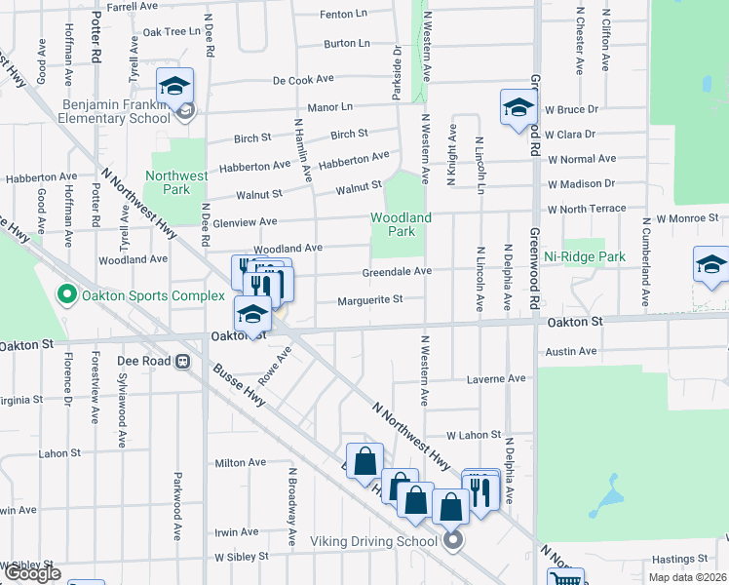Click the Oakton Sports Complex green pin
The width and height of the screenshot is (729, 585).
(67, 293)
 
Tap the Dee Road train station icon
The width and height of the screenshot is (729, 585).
(181, 360)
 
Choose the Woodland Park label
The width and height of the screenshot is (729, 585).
(401, 224)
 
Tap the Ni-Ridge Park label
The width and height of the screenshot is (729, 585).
(584, 256)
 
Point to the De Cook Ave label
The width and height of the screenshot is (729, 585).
(303, 80)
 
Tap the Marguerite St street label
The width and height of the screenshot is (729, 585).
(369, 300)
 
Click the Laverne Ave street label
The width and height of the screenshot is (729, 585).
(496, 378)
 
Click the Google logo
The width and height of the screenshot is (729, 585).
(32, 573)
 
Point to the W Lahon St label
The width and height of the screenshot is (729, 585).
(473, 435)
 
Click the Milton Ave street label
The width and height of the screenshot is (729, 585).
(240, 463)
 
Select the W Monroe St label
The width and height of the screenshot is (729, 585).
(686, 218)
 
